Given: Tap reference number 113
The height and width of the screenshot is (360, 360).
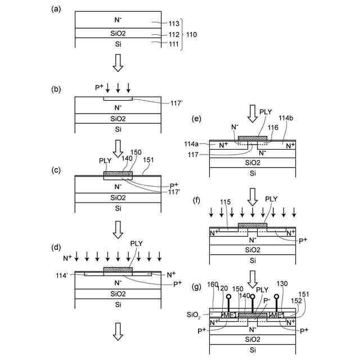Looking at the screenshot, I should coord(174,23).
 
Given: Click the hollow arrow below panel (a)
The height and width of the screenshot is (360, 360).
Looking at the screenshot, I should coord(118,63).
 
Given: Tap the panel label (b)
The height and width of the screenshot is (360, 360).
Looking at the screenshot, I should coord(55,88).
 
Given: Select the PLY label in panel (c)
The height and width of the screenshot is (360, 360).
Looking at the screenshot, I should coord(105,160).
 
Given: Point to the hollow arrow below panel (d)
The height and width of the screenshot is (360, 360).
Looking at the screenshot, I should coord(118,333).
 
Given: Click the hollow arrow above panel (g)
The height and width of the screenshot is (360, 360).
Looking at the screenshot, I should coord(253,277).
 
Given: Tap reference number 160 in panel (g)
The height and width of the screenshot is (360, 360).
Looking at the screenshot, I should coord(213,284).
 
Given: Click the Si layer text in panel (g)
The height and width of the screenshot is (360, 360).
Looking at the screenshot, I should coord(253,349).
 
